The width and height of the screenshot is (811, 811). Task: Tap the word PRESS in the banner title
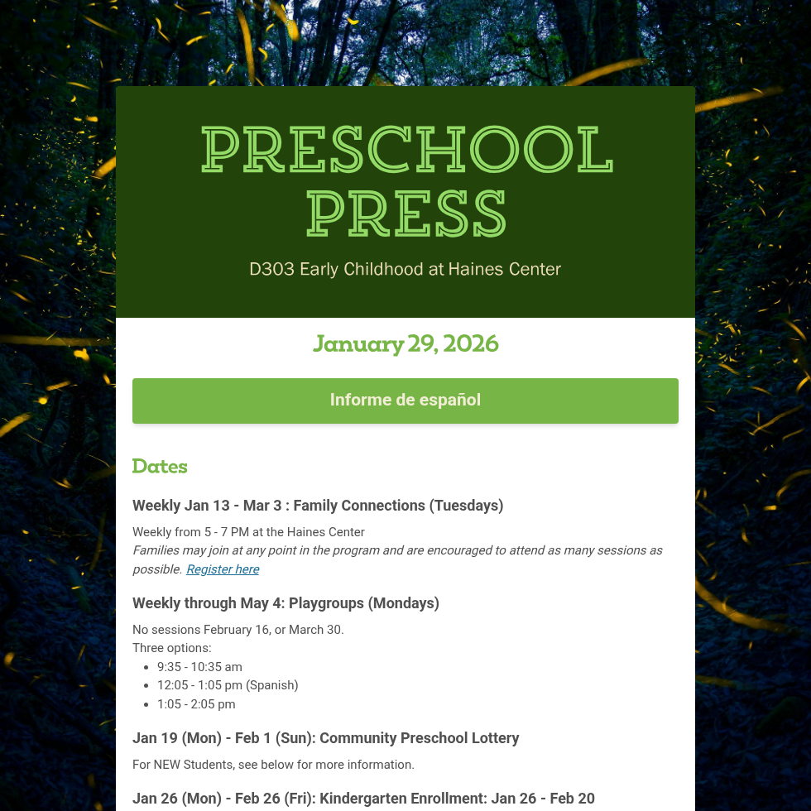point(406,214)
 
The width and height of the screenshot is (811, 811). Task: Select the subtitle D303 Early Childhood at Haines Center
point(405,269)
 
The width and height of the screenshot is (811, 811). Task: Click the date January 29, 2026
point(405,343)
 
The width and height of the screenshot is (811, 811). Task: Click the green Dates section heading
point(160,466)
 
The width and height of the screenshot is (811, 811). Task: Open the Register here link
point(223,569)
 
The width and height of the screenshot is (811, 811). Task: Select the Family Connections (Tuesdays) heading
point(318,506)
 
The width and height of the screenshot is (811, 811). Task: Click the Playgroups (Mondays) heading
point(286,603)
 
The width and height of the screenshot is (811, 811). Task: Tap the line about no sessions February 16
point(238,630)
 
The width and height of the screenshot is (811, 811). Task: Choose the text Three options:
point(172,648)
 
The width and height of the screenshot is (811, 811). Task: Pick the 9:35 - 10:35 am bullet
point(199,667)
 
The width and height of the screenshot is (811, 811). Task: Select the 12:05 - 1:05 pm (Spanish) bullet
point(228,685)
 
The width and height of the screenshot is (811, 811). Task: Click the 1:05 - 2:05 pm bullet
point(196,704)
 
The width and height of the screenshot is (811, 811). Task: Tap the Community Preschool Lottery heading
point(326,738)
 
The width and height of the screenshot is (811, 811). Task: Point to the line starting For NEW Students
point(273,765)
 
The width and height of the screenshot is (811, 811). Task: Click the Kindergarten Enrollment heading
point(363,799)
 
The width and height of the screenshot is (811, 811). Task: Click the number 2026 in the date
point(471,343)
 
